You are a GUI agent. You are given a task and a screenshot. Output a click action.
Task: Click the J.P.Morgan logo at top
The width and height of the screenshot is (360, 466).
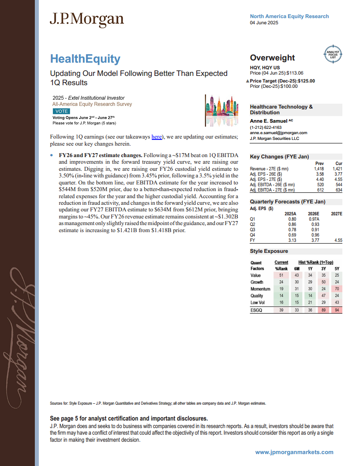pos(86,19)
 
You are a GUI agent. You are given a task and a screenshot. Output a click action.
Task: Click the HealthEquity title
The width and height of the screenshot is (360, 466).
pos(85,59)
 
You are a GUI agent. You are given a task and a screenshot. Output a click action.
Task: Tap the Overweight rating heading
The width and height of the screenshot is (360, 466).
pos(272,58)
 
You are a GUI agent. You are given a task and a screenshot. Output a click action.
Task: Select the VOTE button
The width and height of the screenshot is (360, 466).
pos(61,111)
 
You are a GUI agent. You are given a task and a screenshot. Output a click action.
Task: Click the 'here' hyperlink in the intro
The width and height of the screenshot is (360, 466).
pos(156,137)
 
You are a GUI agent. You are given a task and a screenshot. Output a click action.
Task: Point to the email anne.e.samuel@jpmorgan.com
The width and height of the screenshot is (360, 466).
pos(278,132)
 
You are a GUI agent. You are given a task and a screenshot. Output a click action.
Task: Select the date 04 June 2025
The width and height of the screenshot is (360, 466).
pos(264,23)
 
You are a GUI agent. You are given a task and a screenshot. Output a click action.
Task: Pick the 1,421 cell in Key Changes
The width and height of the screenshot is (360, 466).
pos(336,169)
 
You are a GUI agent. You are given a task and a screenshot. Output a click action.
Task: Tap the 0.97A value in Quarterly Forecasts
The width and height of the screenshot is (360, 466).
pos(314,219)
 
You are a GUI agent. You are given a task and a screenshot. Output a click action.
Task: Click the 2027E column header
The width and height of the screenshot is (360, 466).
pos(336,213)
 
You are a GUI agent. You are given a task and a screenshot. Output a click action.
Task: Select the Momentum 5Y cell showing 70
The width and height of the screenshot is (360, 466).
pos(336,289)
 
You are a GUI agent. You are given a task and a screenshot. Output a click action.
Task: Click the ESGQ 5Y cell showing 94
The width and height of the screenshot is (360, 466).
pos(336,310)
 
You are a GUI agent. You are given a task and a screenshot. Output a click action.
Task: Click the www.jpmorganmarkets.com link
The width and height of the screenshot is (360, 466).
pos(294,452)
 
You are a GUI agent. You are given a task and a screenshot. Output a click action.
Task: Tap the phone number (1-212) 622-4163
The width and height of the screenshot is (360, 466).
pos(268,127)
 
